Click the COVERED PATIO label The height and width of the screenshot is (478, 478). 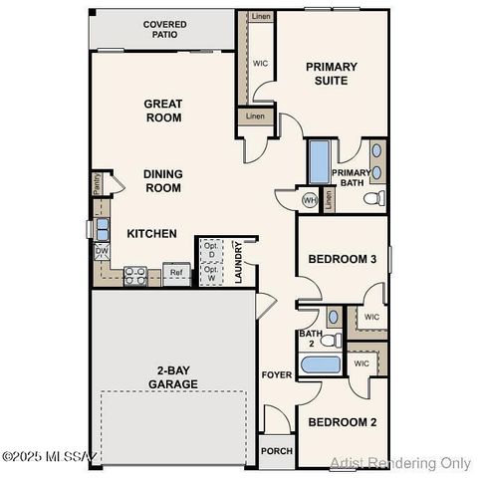[164, 29]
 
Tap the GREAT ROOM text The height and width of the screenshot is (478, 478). [162, 110]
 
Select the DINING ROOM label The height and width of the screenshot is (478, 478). [162, 180]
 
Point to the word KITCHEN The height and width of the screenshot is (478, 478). [151, 234]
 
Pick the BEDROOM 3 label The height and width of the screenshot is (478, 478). [342, 259]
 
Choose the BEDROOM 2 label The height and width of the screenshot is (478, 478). [342, 422]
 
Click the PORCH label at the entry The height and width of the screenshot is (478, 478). [276, 449]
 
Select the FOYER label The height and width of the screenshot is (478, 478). [276, 375]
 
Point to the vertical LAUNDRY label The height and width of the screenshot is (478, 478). [239, 265]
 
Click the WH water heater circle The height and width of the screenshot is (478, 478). [309, 199]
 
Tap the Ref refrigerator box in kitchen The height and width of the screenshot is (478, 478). [176, 273]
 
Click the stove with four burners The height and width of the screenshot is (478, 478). [135, 274]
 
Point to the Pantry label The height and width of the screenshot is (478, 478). [98, 182]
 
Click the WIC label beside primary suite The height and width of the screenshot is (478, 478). [261, 62]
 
